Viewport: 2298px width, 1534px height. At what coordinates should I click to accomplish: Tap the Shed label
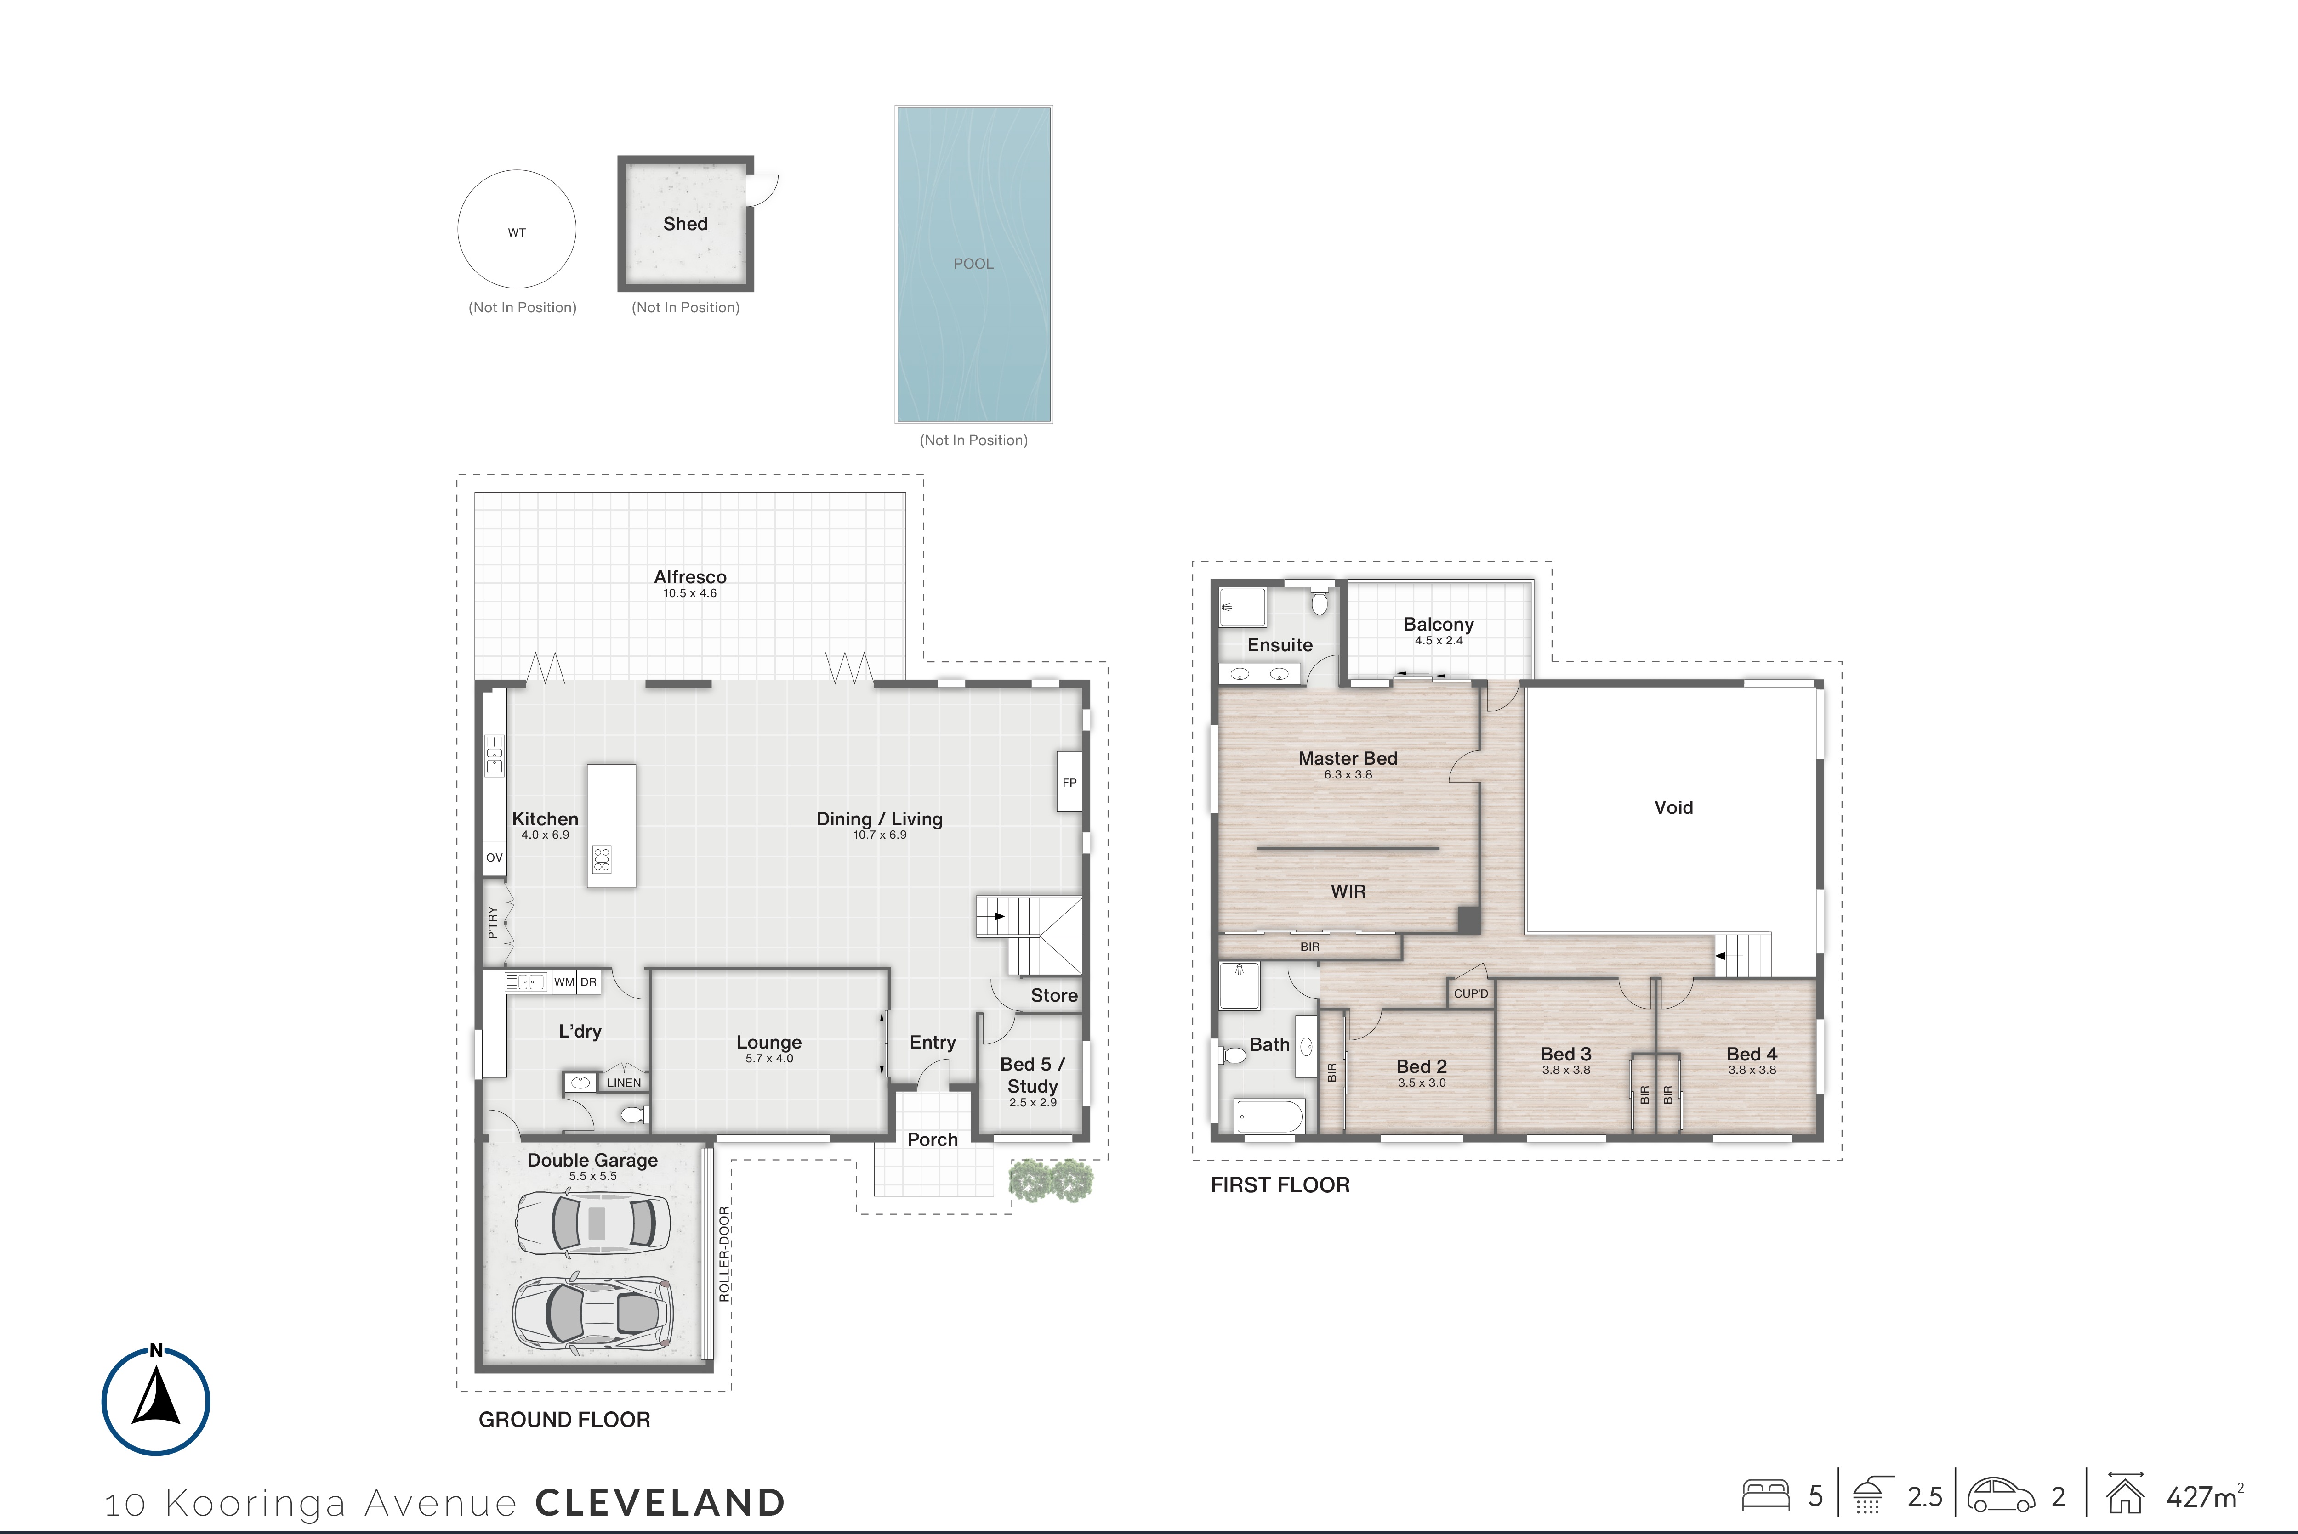tap(685, 224)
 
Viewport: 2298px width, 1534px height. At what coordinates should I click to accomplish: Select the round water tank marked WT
tap(517, 229)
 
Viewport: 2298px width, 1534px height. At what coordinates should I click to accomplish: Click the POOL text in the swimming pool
tap(974, 264)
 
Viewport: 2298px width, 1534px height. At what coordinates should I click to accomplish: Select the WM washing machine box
tap(565, 982)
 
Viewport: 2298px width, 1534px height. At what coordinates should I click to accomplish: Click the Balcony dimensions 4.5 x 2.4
tap(1439, 641)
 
